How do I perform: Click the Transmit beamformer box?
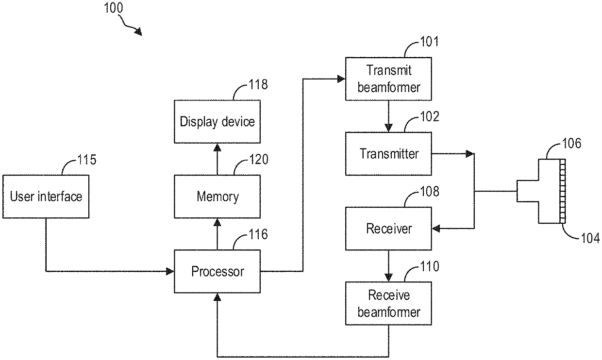tap(388, 79)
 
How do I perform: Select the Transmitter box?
tap(388, 154)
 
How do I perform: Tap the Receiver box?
tap(388, 229)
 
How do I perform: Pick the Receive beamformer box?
tap(388, 304)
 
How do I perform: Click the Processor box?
tap(217, 271)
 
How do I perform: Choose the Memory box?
tap(217, 196)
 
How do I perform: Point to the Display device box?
tap(217, 121)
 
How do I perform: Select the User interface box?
tap(46, 196)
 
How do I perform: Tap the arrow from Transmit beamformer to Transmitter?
tap(388, 116)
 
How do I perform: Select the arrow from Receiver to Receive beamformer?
tap(388, 266)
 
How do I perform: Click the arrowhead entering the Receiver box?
tap(435, 229)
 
